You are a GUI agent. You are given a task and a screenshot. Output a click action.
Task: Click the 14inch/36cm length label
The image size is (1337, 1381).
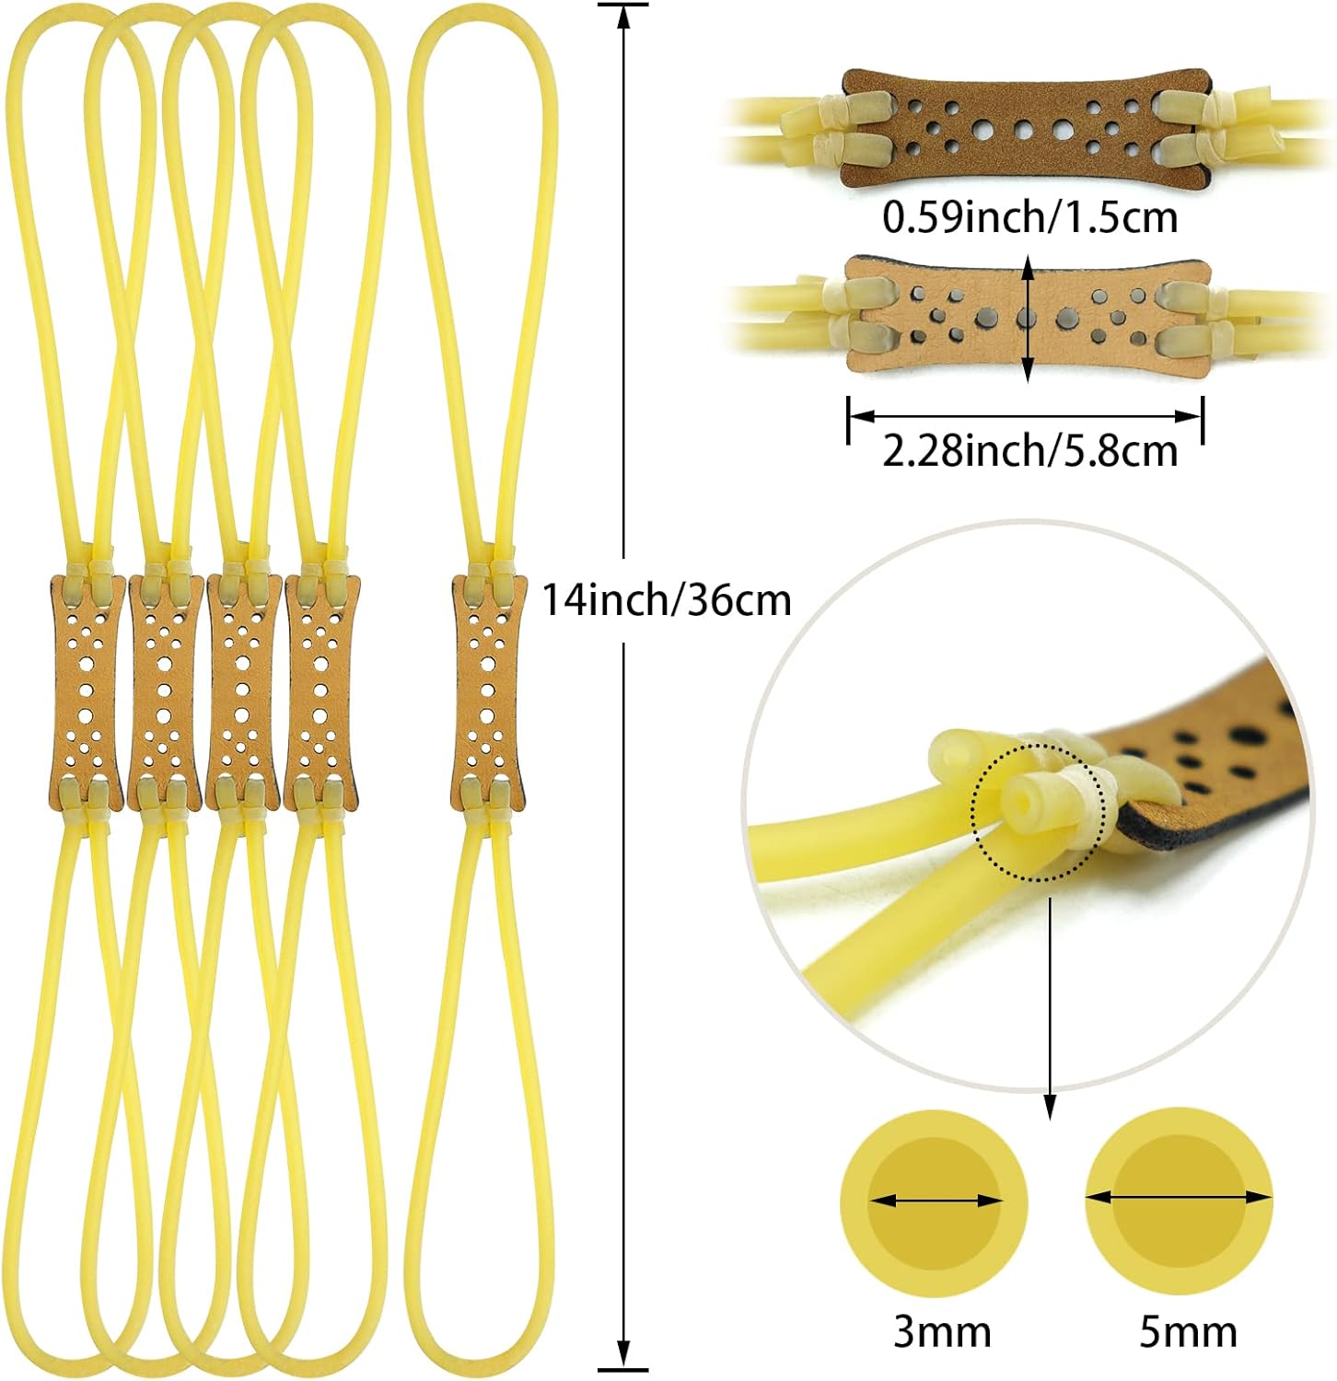pyautogui.click(x=666, y=600)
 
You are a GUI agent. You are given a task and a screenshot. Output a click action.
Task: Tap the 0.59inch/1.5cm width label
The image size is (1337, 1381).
pyautogui.click(x=1029, y=217)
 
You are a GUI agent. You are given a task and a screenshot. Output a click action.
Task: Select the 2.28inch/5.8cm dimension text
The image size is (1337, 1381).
pyautogui.click(x=1029, y=451)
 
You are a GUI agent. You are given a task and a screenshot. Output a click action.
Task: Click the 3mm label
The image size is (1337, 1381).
pyautogui.click(x=941, y=1331)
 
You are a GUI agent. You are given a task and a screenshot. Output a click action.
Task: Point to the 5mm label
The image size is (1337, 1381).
pyautogui.click(x=1188, y=1331)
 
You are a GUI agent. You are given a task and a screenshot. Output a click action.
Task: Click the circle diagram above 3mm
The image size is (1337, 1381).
pyautogui.click(x=934, y=1201)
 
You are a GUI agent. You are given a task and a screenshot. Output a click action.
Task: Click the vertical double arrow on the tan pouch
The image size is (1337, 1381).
pyautogui.click(x=1029, y=319)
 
